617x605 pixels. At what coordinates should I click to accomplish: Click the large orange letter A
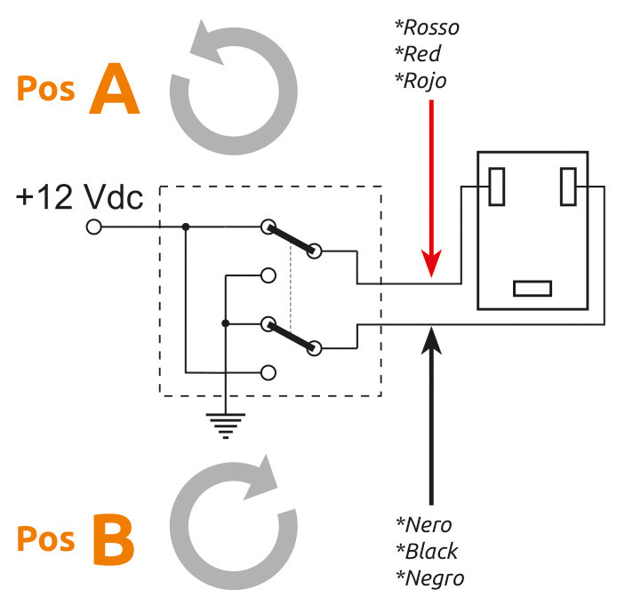point(114,89)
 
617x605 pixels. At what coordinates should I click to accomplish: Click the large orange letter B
point(114,539)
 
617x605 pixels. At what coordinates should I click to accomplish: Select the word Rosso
point(428,28)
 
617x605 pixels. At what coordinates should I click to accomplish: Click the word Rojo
point(421,81)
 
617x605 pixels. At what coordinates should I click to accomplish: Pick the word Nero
point(424,525)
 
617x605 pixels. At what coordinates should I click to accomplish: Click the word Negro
point(430,578)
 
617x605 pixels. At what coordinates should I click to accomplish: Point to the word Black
point(428,551)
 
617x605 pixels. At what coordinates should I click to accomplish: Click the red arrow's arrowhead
point(432,263)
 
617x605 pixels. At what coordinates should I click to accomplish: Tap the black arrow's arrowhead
point(432,339)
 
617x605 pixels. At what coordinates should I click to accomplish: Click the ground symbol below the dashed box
point(226,426)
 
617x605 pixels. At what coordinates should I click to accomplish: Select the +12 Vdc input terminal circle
point(94,227)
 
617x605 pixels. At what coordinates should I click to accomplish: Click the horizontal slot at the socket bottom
point(533,289)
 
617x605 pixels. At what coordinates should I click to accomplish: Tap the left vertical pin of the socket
point(497,187)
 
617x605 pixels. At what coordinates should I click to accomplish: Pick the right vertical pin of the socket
point(568,187)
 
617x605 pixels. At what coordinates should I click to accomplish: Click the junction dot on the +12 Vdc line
point(186,227)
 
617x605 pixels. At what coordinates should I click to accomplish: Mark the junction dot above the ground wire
point(226,323)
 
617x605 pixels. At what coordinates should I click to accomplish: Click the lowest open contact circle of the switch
point(268,372)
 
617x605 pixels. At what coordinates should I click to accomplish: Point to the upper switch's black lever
point(292,239)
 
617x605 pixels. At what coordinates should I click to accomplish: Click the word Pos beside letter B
point(45,539)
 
